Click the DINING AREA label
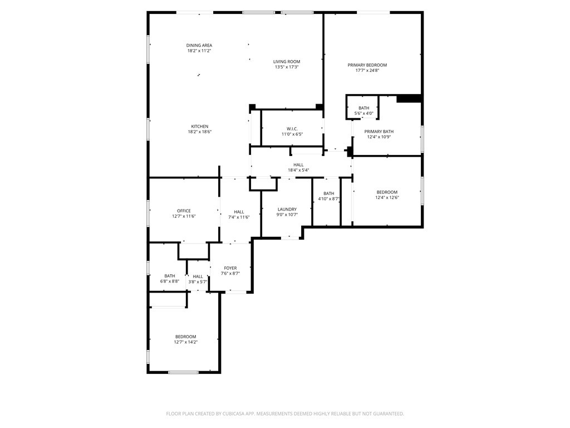click(199, 46)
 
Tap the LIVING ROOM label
click(287, 61)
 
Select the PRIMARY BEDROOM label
click(367, 65)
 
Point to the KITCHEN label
click(200, 127)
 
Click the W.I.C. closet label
click(292, 129)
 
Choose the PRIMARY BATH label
click(379, 132)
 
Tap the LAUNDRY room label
click(287, 210)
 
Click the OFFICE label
click(184, 211)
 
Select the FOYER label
click(230, 268)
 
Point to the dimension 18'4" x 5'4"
click(298, 170)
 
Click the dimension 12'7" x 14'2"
click(186, 342)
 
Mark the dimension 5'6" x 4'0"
click(364, 113)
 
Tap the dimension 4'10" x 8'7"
click(329, 199)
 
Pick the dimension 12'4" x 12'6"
click(387, 198)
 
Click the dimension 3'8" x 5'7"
click(198, 281)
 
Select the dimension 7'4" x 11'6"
click(239, 217)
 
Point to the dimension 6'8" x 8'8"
click(170, 281)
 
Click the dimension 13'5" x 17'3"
click(287, 67)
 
